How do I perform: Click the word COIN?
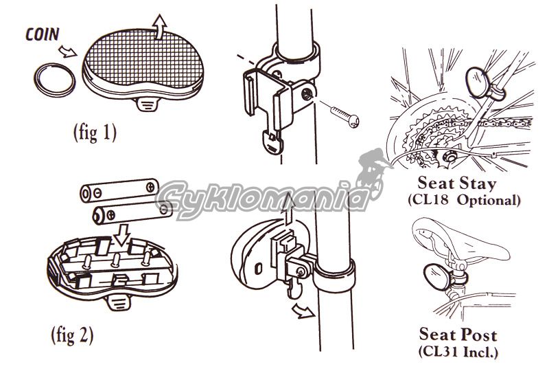43,34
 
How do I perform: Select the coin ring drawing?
55,80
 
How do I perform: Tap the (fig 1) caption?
95,133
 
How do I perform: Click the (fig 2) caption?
73,335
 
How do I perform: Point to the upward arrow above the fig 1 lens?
160,26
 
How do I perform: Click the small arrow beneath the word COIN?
67,51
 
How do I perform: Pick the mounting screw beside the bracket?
344,115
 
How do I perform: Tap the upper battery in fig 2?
119,190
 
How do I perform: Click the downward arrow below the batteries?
122,234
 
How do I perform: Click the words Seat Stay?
457,183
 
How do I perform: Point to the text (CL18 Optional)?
464,200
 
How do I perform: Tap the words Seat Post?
458,335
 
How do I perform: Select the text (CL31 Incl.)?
458,351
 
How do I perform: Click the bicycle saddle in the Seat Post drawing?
460,240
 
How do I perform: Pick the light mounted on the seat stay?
477,82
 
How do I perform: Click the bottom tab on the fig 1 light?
148,104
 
